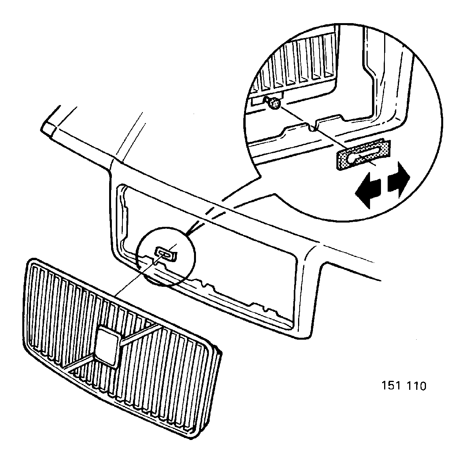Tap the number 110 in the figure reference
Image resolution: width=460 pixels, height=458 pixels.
point(416,386)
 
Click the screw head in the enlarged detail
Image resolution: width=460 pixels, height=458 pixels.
point(275,103)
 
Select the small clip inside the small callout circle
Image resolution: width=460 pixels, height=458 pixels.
point(166,253)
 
